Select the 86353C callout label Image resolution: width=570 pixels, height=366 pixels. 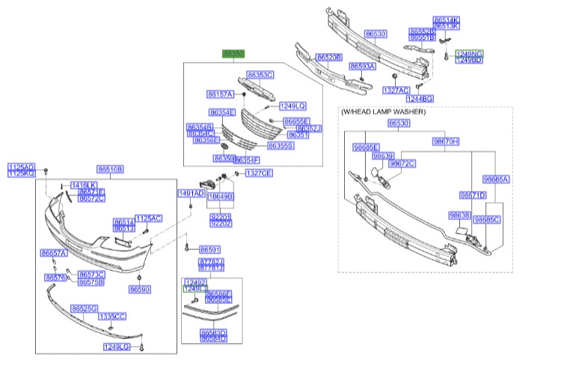260,75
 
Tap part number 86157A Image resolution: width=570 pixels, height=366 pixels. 221,94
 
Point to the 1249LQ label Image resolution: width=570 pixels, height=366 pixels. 292,106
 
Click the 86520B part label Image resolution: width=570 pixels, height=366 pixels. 328,57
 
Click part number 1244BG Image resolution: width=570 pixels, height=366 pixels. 420,98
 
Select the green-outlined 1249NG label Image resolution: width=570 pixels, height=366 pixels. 469,53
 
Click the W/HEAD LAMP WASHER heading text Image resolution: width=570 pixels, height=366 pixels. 383,112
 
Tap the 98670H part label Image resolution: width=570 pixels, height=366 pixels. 445,141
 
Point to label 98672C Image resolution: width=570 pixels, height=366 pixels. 402,163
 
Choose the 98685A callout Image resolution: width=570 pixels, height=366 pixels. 495,180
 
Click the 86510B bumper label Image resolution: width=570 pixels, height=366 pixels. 110,168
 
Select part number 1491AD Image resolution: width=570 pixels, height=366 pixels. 191,193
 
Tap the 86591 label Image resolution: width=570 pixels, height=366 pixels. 209,249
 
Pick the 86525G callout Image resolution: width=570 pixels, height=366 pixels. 85,308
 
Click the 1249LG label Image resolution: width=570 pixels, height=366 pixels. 117,347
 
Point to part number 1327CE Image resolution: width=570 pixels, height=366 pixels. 259,173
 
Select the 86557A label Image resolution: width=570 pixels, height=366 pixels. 54,254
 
